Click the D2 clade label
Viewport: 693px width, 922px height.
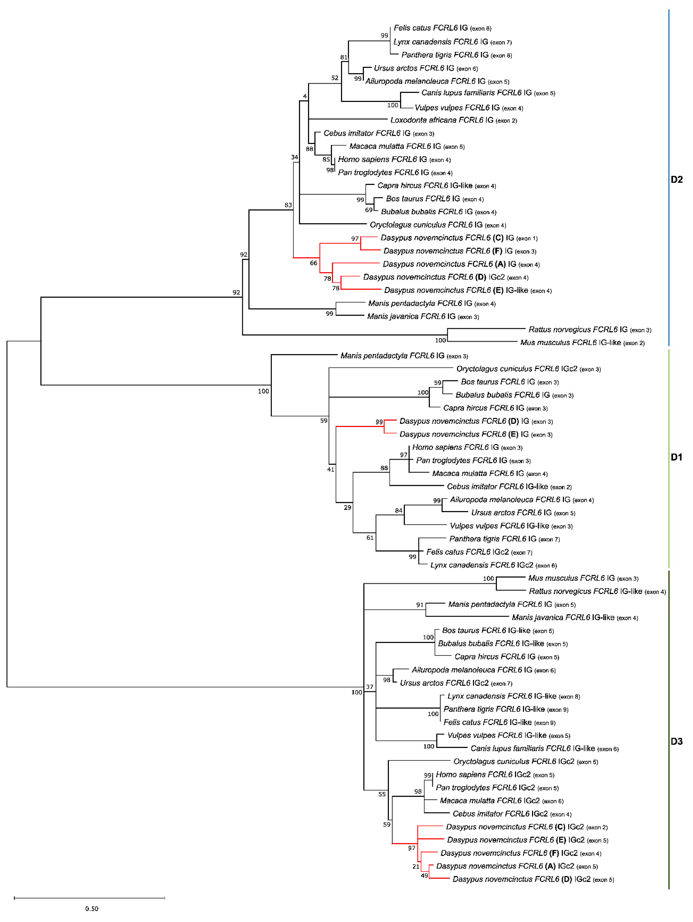click(x=676, y=180)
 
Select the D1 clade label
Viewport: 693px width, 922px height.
click(x=676, y=457)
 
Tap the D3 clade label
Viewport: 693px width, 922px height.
click(x=676, y=741)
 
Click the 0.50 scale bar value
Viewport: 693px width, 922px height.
click(x=92, y=908)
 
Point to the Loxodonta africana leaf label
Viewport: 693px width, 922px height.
click(x=453, y=120)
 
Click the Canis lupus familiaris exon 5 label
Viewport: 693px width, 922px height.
click(x=488, y=93)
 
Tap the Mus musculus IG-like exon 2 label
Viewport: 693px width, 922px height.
click(x=582, y=343)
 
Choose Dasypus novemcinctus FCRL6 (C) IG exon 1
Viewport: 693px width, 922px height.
click(x=459, y=238)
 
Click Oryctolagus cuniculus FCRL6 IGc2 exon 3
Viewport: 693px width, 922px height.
click(x=528, y=369)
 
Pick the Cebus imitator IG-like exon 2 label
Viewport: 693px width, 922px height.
click(x=509, y=486)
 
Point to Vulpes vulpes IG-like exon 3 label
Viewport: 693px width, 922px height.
click(x=511, y=526)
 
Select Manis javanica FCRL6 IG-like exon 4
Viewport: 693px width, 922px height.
click(x=575, y=617)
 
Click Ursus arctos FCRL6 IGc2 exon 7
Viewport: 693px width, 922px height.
click(x=456, y=683)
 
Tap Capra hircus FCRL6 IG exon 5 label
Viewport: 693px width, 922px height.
click(x=507, y=657)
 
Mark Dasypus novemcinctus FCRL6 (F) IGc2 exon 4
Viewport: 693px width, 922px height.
click(x=520, y=853)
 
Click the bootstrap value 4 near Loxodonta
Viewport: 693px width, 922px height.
click(x=305, y=96)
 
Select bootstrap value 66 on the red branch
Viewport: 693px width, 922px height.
click(x=314, y=263)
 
